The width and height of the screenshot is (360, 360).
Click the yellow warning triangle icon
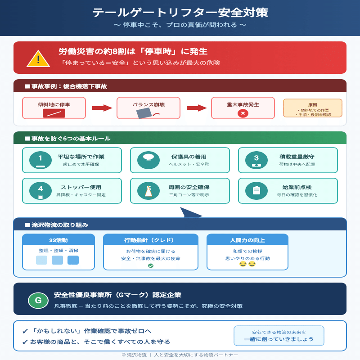[x=38, y=58]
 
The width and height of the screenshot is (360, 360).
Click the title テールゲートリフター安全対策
[x=180, y=12]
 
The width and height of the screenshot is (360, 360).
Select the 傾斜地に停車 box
[x=54, y=108]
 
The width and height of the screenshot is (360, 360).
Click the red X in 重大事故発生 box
[x=243, y=113]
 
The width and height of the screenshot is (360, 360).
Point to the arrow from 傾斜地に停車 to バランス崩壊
[x=102, y=108]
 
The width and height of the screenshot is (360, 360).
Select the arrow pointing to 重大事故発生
[x=196, y=108]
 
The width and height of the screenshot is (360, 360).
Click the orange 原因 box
[x=313, y=108]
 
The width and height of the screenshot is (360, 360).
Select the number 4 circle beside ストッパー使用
[x=40, y=191]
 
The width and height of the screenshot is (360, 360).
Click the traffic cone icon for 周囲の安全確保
[x=148, y=191]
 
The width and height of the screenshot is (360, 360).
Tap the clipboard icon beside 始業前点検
[x=256, y=191]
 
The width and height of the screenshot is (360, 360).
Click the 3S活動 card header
[x=58, y=240]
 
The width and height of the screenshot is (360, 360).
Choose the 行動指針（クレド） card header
[x=151, y=240]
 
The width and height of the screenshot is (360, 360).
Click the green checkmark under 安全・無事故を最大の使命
[x=151, y=265]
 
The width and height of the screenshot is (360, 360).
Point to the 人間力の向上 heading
[x=247, y=240]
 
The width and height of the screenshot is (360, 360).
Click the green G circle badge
[x=38, y=300]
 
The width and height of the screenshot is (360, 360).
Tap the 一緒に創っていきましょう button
[x=279, y=336]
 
